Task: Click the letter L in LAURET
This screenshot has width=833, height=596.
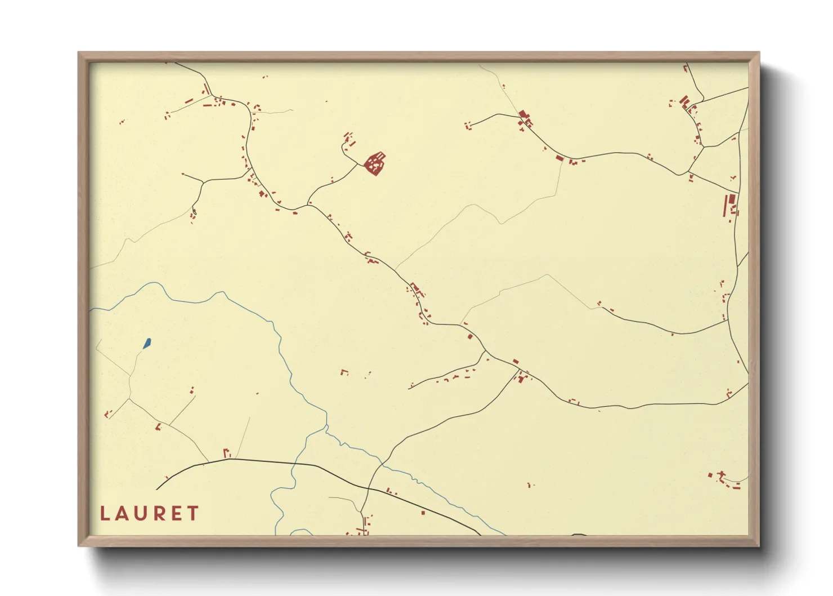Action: click(x=105, y=513)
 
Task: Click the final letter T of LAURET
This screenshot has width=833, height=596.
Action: click(x=193, y=513)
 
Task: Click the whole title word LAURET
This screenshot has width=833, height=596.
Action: click(x=149, y=513)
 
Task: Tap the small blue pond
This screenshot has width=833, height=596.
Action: click(x=147, y=343)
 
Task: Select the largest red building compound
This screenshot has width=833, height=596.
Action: click(x=375, y=163)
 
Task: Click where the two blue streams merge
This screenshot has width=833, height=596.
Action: click(x=326, y=428)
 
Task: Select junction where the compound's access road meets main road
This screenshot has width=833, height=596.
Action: click(x=308, y=204)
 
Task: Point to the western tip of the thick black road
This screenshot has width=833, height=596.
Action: click(x=157, y=490)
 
